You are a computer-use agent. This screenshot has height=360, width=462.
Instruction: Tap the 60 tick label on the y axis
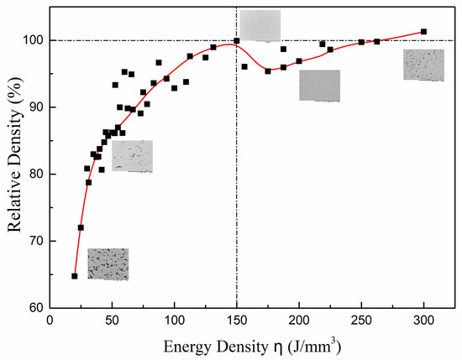coord(35,308)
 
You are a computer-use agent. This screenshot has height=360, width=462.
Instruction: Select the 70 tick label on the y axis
coord(35,241)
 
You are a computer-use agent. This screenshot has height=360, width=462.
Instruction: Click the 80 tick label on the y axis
coord(35,175)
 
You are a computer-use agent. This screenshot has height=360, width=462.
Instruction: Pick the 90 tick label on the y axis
coord(35,107)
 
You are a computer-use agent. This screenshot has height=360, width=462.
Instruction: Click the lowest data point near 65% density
coord(74,276)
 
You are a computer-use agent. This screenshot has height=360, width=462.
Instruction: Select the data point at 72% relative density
coord(81,227)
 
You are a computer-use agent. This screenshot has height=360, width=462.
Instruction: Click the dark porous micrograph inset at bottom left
coord(108,263)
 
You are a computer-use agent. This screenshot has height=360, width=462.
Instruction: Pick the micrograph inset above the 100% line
coord(260,25)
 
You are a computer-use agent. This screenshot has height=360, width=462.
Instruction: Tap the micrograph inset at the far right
coord(423,65)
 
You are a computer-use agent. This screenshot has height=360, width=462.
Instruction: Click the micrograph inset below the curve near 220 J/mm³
coord(319,86)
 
